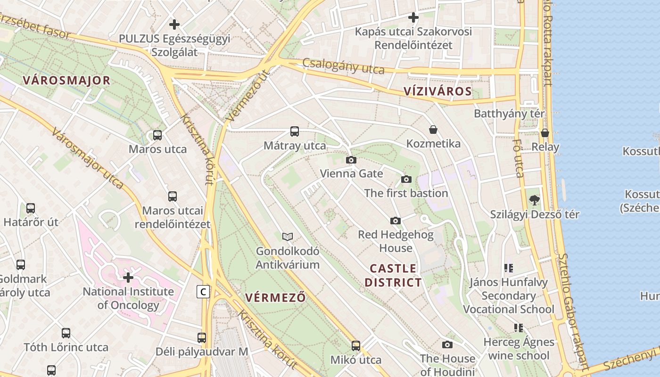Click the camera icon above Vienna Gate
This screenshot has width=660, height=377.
click(x=351, y=160)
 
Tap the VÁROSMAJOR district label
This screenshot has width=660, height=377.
click(x=66, y=81)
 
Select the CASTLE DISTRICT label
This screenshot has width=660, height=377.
click(x=393, y=276)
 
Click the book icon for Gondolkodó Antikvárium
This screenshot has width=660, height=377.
click(x=287, y=237)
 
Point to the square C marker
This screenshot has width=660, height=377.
click(x=203, y=292)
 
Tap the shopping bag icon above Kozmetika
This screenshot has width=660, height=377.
click(x=433, y=130)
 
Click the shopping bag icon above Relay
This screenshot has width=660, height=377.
click(x=545, y=133)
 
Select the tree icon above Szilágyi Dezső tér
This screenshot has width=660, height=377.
click(x=534, y=200)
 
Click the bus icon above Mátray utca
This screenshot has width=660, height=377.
click(x=295, y=131)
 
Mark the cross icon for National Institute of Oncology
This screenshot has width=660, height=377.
click(x=128, y=277)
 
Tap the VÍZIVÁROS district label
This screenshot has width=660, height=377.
click(x=438, y=91)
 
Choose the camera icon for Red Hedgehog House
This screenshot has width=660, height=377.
click(x=396, y=221)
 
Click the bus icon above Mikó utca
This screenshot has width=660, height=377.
click(x=356, y=346)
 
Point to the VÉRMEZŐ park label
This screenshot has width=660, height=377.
click(x=276, y=298)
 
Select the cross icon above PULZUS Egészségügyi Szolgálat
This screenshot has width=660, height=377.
click(x=174, y=24)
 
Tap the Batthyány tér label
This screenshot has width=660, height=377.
click(x=509, y=114)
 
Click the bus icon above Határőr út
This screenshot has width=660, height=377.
click(x=31, y=208)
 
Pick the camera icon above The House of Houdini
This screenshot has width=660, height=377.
click(x=447, y=344)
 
